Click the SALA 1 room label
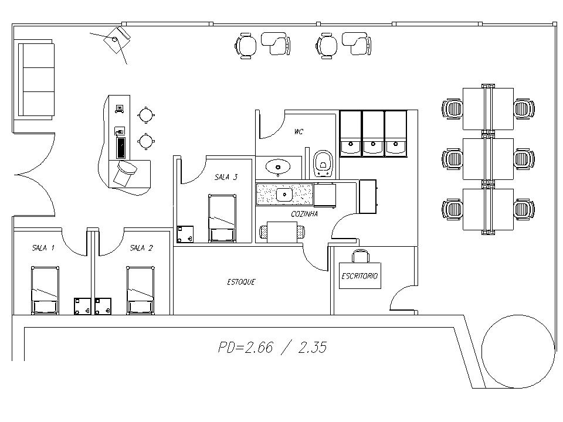(43, 247)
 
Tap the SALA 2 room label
(141, 247)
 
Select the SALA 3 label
(226, 177)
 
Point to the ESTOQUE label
(241, 282)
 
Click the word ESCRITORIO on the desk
(359, 276)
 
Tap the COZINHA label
(304, 214)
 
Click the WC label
(299, 132)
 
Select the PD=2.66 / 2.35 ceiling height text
(273, 348)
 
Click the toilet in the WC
(324, 164)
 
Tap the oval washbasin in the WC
(277, 167)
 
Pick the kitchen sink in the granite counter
(284, 195)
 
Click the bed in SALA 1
(45, 290)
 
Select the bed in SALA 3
(222, 218)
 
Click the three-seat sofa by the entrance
(36, 80)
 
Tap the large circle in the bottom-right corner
(517, 351)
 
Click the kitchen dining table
(282, 232)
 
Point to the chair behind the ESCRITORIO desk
(360, 256)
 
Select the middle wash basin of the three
(373, 134)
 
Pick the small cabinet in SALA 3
(185, 234)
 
